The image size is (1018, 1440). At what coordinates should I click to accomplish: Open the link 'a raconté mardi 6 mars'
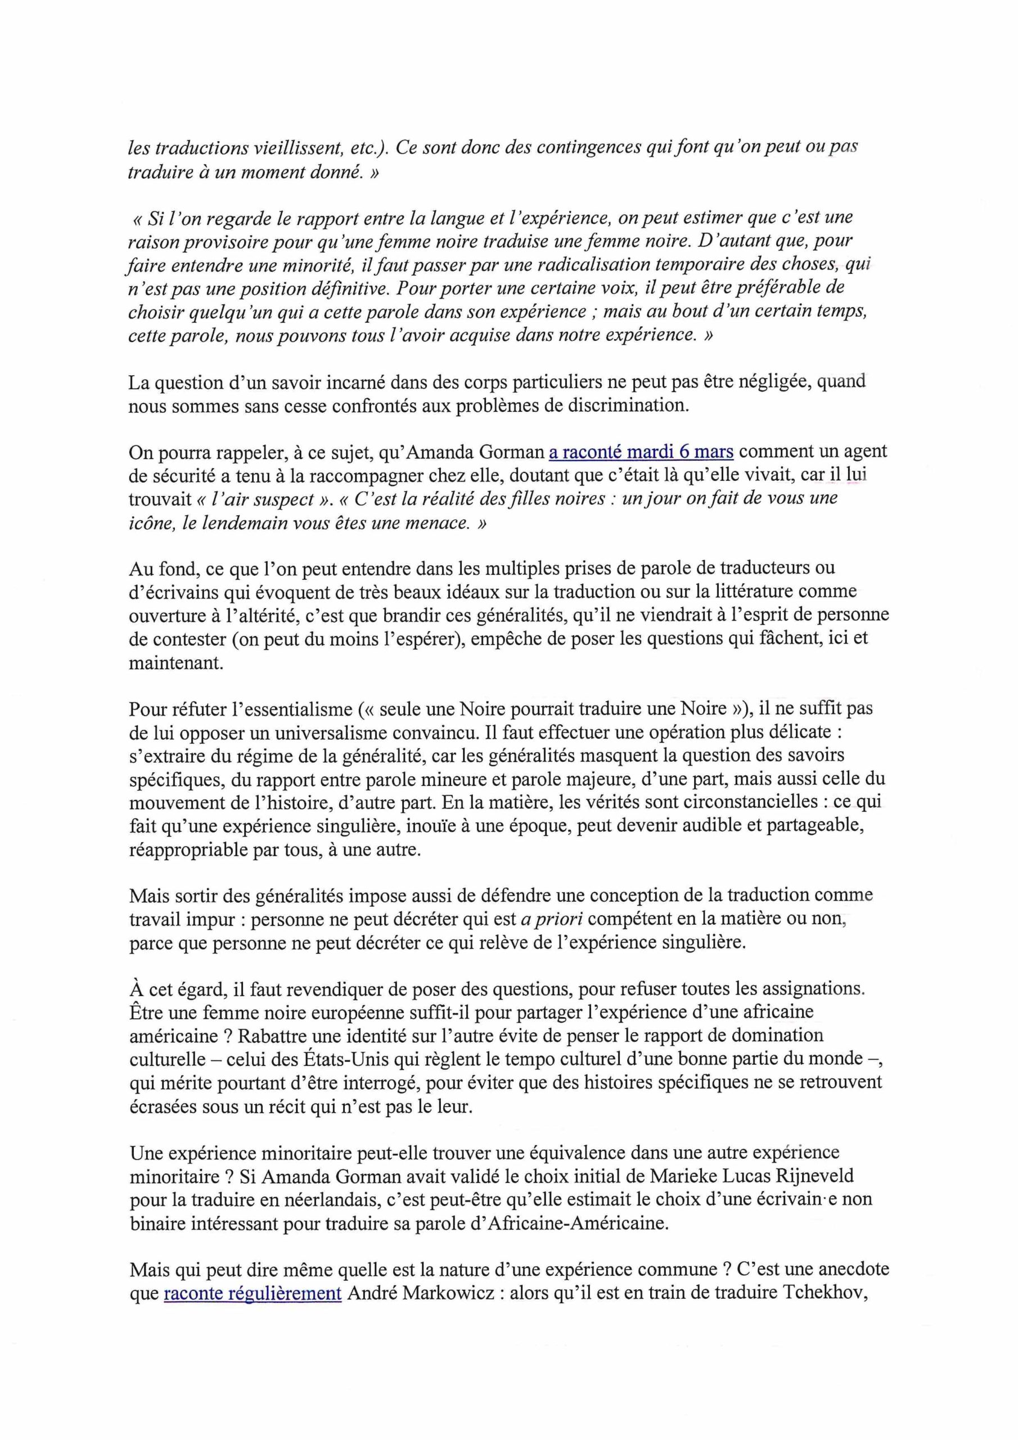pos(641,452)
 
